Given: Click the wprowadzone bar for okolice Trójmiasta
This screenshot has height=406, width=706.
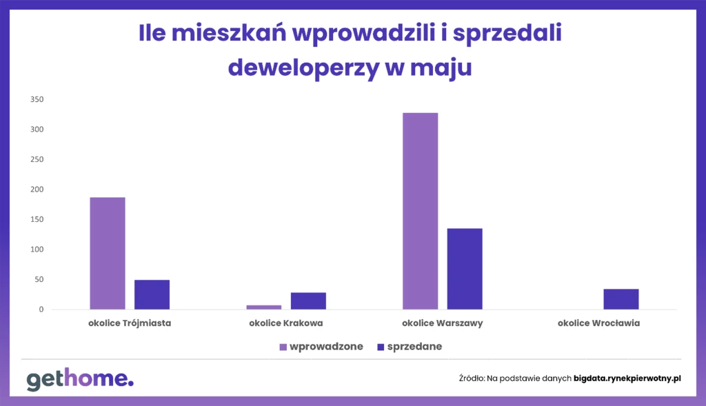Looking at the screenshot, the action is click(108, 254).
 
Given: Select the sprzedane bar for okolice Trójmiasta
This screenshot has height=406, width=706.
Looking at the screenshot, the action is click(152, 295).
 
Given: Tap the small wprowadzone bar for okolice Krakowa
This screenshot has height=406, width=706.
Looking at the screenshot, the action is click(264, 307).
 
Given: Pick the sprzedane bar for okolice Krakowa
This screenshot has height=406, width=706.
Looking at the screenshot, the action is click(308, 301).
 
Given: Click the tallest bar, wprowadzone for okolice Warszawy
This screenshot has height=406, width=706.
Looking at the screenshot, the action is click(420, 211).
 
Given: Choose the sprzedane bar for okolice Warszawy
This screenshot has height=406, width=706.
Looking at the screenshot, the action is click(465, 269).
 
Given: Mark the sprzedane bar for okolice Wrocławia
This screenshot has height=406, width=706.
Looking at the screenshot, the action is click(621, 299).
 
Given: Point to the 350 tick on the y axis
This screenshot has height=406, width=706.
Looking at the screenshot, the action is click(37, 99).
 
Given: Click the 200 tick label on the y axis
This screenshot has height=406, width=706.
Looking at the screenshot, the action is click(37, 190).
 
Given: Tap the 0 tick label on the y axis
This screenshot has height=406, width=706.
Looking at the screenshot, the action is click(41, 309).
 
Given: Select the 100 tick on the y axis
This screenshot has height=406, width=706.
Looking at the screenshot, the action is click(37, 250).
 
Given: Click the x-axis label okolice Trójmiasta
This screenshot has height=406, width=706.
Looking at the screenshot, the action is click(130, 323).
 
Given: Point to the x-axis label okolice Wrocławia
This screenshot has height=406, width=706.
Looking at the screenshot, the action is click(598, 323).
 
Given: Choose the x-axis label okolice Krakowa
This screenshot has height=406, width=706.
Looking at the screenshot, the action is click(286, 323).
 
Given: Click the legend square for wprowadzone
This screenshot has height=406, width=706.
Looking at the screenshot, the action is click(283, 347).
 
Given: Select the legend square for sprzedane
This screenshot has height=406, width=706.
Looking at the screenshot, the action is click(381, 347).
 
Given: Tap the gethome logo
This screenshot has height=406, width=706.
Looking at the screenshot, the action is click(80, 379).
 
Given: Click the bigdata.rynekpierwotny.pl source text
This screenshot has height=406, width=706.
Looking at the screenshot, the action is click(627, 378).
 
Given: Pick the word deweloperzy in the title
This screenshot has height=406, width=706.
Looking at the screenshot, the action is click(304, 68).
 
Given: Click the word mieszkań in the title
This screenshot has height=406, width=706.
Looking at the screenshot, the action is click(229, 33).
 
